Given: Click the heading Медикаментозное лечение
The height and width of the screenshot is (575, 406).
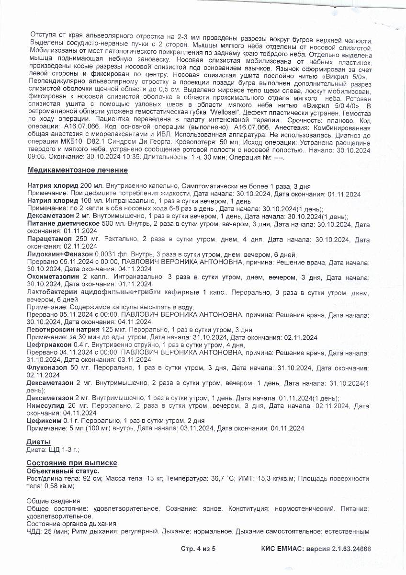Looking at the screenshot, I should pyautogui.click(x=78, y=170).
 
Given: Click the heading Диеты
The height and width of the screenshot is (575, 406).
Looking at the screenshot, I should pyautogui.click(x=38, y=441).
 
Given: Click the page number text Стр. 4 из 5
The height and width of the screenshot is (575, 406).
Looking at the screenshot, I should pyautogui.click(x=198, y=549).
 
